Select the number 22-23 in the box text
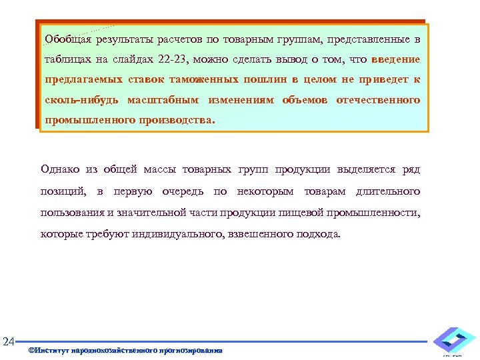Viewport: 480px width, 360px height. pos(175,59)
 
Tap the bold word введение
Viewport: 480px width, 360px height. pos(395,59)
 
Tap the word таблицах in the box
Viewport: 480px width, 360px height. pos(67,59)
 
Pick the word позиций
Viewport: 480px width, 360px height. pos(63,191)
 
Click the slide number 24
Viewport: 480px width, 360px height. pos(9,343)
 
